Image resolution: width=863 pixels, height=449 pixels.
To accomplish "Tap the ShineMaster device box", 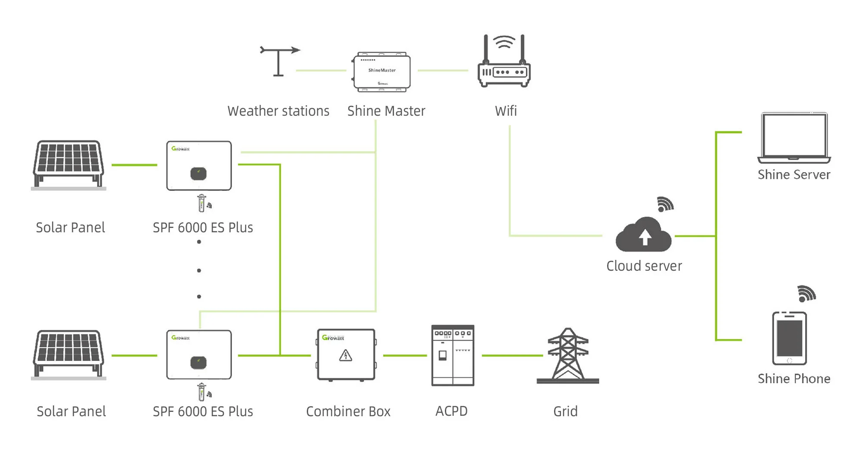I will (381, 72).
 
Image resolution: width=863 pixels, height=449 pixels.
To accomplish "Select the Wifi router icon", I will (504, 63).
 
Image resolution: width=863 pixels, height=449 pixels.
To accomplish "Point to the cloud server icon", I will (643, 235).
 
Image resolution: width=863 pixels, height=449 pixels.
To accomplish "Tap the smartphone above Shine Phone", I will (789, 338).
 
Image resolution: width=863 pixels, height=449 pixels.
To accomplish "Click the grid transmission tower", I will (568, 356).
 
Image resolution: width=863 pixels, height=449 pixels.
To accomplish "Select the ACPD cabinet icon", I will (453, 355).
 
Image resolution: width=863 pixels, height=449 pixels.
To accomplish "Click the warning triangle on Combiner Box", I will (346, 355).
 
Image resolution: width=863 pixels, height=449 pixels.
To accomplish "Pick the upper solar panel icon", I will (69, 164).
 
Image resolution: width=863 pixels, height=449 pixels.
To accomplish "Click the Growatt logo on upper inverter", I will (180, 149).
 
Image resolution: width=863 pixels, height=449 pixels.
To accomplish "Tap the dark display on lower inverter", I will (198, 363).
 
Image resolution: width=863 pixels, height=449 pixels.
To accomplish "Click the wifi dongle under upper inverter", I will (202, 203).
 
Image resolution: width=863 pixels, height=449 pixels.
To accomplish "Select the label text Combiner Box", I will (348, 411).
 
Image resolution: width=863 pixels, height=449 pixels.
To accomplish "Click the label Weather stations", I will (278, 111).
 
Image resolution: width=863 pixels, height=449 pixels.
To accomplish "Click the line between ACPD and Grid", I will (512, 355).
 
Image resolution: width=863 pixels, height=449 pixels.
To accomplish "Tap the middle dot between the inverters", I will (199, 271).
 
